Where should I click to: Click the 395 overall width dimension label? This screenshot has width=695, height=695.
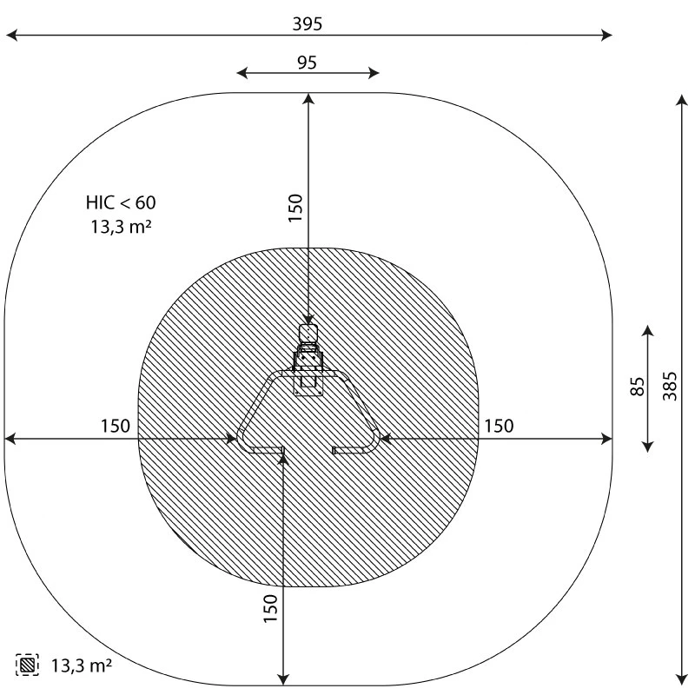[308, 24]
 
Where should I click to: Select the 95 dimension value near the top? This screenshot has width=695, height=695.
[307, 63]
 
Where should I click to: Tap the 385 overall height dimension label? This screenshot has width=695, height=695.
[670, 386]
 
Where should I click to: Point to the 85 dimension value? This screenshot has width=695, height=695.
[637, 387]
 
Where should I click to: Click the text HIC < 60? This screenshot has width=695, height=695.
[121, 202]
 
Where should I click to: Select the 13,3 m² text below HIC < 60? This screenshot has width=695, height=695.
[122, 227]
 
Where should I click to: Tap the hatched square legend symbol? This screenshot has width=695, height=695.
[27, 665]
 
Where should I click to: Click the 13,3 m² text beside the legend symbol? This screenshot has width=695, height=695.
[82, 665]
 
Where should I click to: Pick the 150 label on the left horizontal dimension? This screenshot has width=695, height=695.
[116, 426]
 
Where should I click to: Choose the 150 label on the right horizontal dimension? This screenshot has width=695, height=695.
[499, 426]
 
